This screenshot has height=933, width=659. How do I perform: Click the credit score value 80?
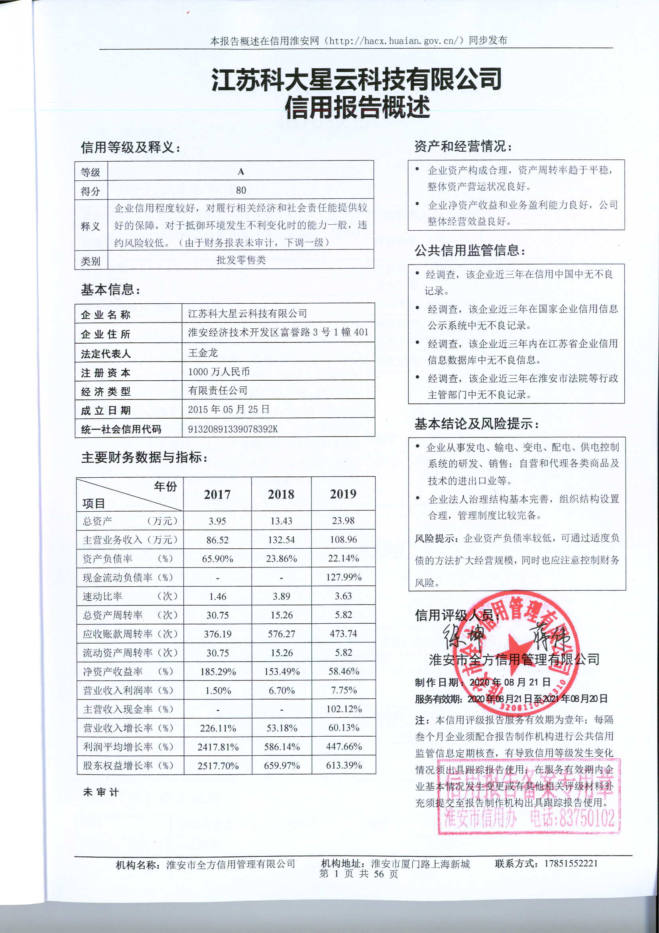241,190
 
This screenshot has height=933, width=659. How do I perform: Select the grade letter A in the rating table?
241,172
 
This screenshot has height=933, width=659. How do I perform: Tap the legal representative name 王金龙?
203,352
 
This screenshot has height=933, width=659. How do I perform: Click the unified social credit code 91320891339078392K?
233,429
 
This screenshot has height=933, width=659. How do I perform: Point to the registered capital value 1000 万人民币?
218,372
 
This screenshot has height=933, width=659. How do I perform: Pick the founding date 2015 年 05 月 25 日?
228,409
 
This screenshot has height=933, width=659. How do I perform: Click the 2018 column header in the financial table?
281,494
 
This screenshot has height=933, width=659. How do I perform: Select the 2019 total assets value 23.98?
343,520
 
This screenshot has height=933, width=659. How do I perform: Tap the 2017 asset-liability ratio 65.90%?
217,559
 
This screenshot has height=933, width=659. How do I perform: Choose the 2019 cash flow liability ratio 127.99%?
344,577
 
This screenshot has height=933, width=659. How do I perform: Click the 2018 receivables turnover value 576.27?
281,634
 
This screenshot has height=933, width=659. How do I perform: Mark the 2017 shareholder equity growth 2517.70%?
218,766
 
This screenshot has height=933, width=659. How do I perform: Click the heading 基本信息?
110,290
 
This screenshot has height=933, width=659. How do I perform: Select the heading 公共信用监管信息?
470,250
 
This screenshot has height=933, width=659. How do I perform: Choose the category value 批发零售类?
241,260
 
